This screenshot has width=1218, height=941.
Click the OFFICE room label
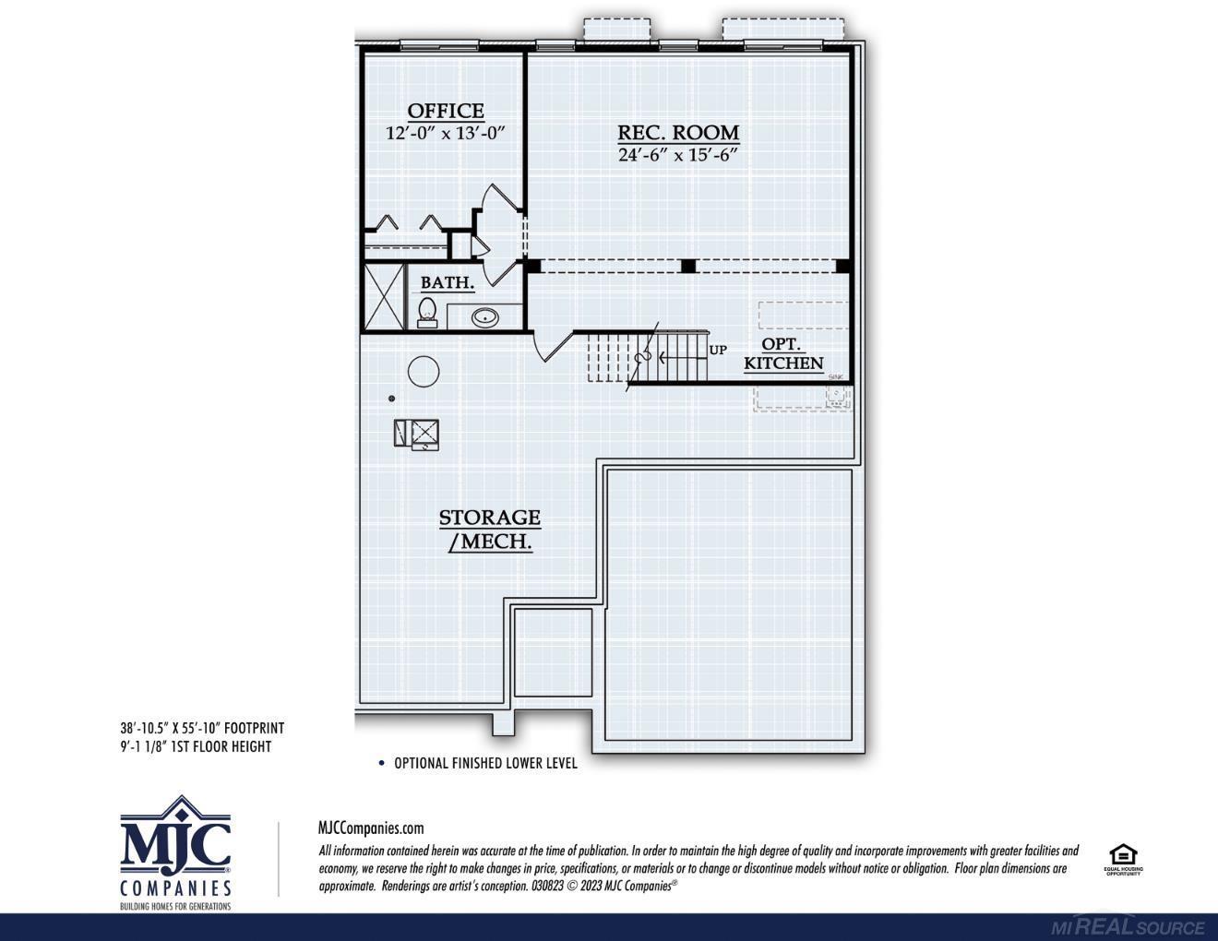click(x=446, y=111)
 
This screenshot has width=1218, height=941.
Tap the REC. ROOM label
click(x=678, y=132)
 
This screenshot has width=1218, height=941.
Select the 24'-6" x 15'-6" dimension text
click(x=678, y=155)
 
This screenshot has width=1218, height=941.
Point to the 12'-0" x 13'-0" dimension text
click(x=446, y=133)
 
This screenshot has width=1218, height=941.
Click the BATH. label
click(x=448, y=282)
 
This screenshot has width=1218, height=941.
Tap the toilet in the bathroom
click(x=426, y=312)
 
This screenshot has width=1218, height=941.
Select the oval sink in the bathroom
click(x=484, y=318)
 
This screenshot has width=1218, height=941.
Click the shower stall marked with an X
click(x=384, y=297)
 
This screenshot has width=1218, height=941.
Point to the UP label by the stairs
click(x=718, y=350)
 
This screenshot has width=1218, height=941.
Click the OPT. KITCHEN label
click(x=783, y=354)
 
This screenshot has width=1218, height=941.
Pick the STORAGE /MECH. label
click(x=490, y=530)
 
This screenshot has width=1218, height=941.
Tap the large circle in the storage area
click(x=424, y=372)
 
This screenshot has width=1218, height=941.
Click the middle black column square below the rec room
click(x=687, y=266)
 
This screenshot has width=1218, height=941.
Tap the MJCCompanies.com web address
click(x=371, y=828)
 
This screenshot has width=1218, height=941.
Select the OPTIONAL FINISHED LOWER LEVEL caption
click(x=485, y=763)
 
